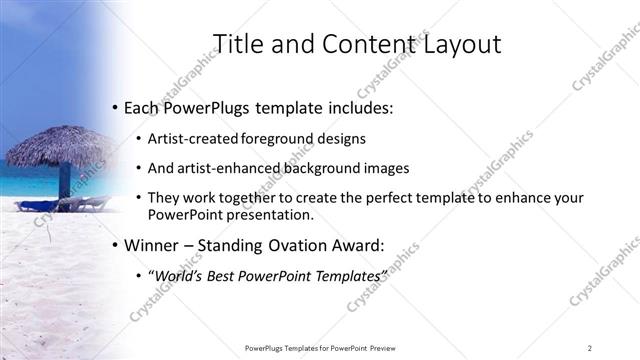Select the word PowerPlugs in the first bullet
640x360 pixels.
coord(208,106)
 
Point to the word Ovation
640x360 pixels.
coord(288,243)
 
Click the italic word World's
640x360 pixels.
coord(179,274)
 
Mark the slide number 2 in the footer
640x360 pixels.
coord(590,348)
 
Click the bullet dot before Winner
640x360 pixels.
coord(115,244)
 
